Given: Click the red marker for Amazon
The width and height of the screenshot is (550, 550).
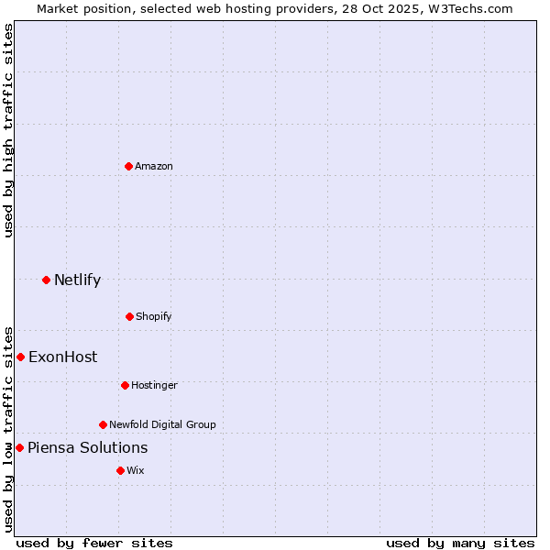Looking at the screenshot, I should pos(128,166).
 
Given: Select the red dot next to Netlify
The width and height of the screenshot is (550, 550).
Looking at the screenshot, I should pos(46,280).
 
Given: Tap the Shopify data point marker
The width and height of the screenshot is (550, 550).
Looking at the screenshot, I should pos(129,316).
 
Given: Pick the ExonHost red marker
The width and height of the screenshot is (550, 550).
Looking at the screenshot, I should pos(20,357).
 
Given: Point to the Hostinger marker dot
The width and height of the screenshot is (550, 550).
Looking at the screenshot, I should pos(125,385).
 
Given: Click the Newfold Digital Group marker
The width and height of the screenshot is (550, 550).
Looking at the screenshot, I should pos(103,424).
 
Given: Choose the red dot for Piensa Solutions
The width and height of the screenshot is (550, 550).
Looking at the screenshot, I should pos(19,447).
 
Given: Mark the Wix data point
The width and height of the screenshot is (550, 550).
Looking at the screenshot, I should pos(120,470).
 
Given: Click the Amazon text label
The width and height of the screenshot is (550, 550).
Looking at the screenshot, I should pos(154,166).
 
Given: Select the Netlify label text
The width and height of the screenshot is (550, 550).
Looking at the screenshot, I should pos(77,280).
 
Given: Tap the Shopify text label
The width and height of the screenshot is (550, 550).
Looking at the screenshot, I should pos(154,316).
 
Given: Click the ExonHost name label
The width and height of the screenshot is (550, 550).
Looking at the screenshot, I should pos(62,357).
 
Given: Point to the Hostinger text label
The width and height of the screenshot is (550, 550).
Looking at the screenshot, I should pos(154,385).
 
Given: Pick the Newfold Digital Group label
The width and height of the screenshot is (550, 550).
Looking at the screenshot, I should pos(162,424).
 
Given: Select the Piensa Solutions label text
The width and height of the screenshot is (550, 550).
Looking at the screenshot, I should pos(87,447).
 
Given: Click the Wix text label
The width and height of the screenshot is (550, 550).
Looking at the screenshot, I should pos(136,470).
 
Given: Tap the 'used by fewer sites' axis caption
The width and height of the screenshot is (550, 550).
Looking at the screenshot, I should pos(94,543).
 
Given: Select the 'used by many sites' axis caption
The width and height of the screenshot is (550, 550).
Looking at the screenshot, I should pos(460,543).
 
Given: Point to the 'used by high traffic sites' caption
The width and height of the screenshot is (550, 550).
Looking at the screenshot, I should pos(8,130).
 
